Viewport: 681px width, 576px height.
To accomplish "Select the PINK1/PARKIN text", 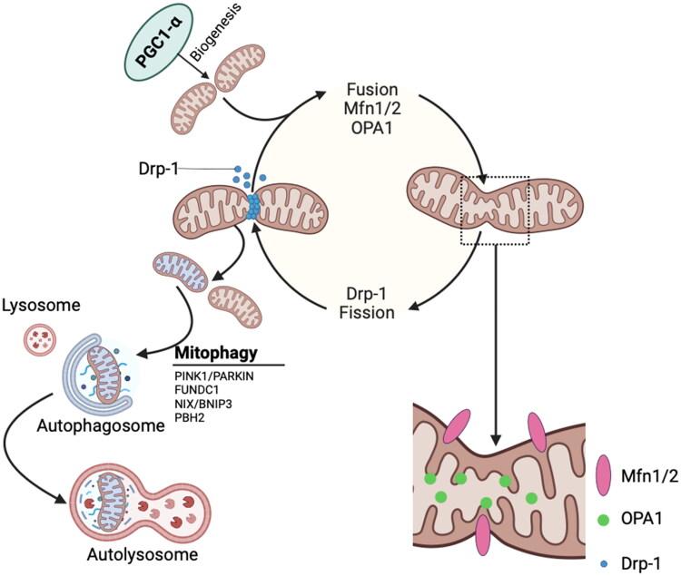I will (211, 374).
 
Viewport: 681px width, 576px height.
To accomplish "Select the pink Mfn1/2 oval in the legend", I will (602, 471).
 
